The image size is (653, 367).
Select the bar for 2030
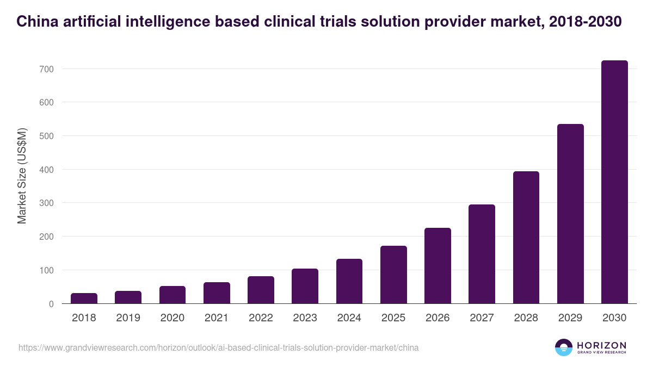[614, 182]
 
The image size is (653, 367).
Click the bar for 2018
[84, 298]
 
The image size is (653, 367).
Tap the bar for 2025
[393, 275]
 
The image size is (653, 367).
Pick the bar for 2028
[526, 238]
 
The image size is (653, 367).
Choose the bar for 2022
[261, 290]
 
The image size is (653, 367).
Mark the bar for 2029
[570, 214]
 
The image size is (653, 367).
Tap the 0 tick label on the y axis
[51, 304]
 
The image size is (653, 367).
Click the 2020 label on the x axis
[173, 318]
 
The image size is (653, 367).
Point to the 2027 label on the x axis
[482, 318]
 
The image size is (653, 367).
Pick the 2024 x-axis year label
[349, 318]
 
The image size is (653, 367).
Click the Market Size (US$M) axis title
[22, 176]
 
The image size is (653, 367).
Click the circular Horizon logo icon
[564, 347]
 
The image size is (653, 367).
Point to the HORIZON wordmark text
[602, 345]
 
